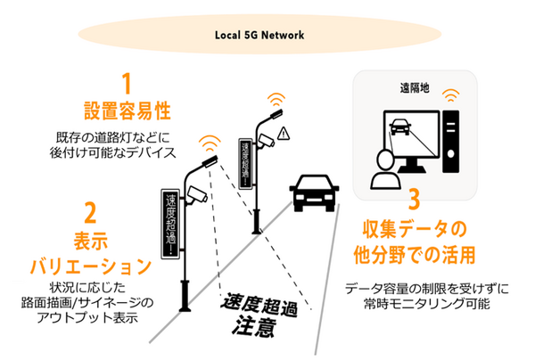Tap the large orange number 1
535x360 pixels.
(127, 86)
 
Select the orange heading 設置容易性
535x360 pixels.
(127, 112)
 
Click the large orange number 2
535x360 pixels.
(89, 213)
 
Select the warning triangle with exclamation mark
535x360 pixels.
(284, 134)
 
